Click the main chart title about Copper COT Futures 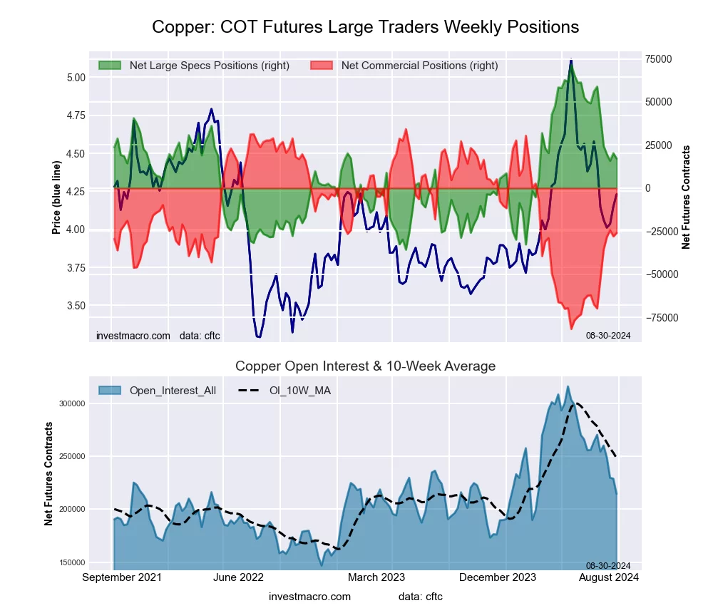(x=365, y=27)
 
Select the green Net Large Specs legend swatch (x=110, y=66)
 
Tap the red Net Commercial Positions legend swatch (x=322, y=66)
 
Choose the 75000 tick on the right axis (x=659, y=58)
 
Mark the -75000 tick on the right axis (x=660, y=318)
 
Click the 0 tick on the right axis (x=647, y=188)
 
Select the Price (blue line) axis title (x=56, y=198)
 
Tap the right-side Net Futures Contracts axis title (x=687, y=197)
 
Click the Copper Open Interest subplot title (x=365, y=366)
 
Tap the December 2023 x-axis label (x=507, y=577)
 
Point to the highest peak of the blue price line (x=571, y=60)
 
